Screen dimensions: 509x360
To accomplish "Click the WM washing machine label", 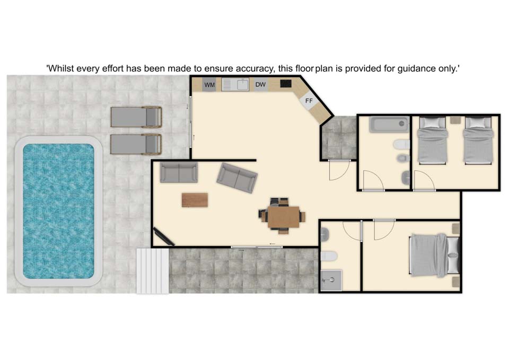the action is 210,85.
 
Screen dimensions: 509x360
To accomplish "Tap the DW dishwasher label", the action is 260,84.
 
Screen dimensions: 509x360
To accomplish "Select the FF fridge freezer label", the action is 309,101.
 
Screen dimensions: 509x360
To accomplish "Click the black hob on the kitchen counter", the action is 286,84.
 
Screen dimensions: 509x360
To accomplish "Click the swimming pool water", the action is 58,211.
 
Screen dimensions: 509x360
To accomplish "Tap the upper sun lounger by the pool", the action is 136,117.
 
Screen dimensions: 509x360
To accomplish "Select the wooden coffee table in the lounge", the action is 195,200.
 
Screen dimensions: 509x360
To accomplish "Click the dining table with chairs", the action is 283,215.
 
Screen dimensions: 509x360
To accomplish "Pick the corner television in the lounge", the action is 164,236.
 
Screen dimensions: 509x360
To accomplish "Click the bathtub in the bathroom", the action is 389,125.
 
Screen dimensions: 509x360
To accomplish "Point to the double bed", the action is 435,255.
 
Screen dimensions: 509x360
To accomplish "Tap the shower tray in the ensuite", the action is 331,280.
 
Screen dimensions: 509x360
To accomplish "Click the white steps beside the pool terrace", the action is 153,271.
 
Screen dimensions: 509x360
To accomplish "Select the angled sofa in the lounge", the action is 237,178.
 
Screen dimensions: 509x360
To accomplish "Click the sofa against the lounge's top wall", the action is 179,172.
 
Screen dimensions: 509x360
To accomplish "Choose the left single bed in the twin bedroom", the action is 433,140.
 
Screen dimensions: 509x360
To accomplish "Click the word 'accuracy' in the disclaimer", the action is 254,69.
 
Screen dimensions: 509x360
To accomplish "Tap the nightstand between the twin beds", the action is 455,119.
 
